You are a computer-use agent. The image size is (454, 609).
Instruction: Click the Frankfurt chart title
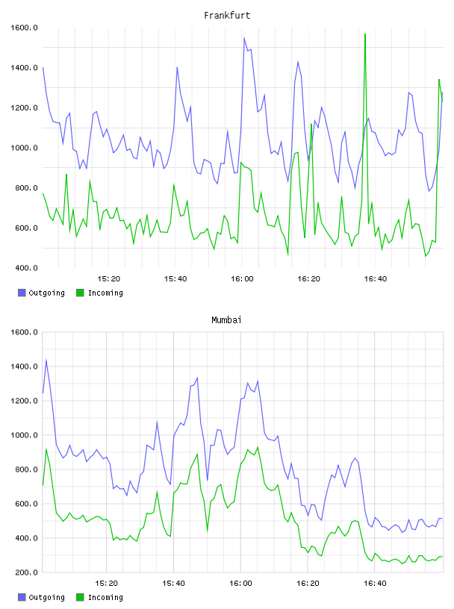[x=227, y=16]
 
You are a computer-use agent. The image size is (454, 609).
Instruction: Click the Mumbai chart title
[x=226, y=320]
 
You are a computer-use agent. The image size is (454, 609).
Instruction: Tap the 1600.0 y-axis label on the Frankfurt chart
[x=24, y=28]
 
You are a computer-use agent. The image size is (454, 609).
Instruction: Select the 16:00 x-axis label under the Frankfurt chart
[x=242, y=279]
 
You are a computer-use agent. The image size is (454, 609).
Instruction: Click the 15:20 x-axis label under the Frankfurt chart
[x=108, y=279]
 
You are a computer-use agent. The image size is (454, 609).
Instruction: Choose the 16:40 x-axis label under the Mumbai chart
[x=375, y=584]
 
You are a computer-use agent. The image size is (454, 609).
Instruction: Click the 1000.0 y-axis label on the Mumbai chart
[x=24, y=435]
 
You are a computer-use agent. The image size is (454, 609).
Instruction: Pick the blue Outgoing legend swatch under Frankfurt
[x=22, y=293]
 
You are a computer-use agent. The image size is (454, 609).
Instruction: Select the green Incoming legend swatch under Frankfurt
[x=80, y=293]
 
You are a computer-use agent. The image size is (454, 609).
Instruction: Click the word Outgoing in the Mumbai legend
[x=46, y=597]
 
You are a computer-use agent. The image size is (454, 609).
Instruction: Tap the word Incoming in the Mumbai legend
[x=105, y=597]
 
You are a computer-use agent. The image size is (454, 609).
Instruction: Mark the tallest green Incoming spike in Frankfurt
[x=365, y=34]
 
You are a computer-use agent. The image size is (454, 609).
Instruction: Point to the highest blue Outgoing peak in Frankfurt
[x=244, y=37]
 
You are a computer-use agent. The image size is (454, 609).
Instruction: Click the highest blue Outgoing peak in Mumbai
[x=46, y=360]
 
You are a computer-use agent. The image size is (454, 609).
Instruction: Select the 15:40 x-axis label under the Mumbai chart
[x=173, y=584]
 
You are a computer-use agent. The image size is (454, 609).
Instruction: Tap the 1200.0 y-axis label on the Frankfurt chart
[x=24, y=108]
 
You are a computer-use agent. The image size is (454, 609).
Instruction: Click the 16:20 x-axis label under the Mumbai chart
[x=308, y=584]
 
